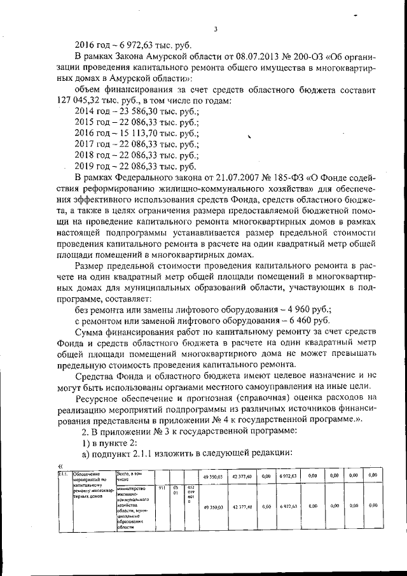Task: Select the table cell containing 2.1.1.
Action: (63, 475)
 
